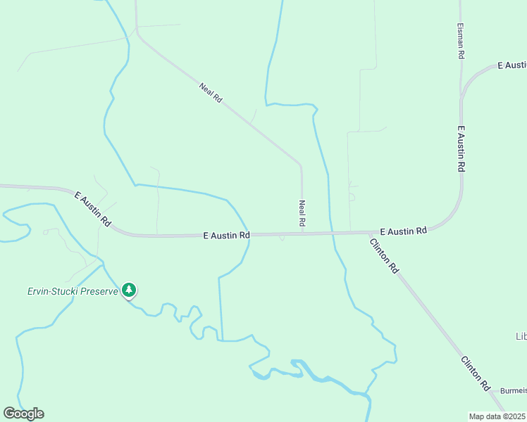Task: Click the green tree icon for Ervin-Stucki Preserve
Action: coord(128,289)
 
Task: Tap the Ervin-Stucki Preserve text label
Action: coord(72,291)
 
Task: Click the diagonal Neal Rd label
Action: coord(211,93)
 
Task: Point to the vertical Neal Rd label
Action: coord(302,213)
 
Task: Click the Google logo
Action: coord(23,413)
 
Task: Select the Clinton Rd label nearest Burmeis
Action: coord(476,373)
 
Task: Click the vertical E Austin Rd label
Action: coord(461,149)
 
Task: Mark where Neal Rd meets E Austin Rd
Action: coord(302,233)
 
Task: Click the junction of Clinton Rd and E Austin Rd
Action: coord(369,232)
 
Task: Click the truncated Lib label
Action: coord(521,337)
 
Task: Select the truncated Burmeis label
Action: coord(513,390)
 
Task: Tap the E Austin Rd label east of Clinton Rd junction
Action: coord(403,231)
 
